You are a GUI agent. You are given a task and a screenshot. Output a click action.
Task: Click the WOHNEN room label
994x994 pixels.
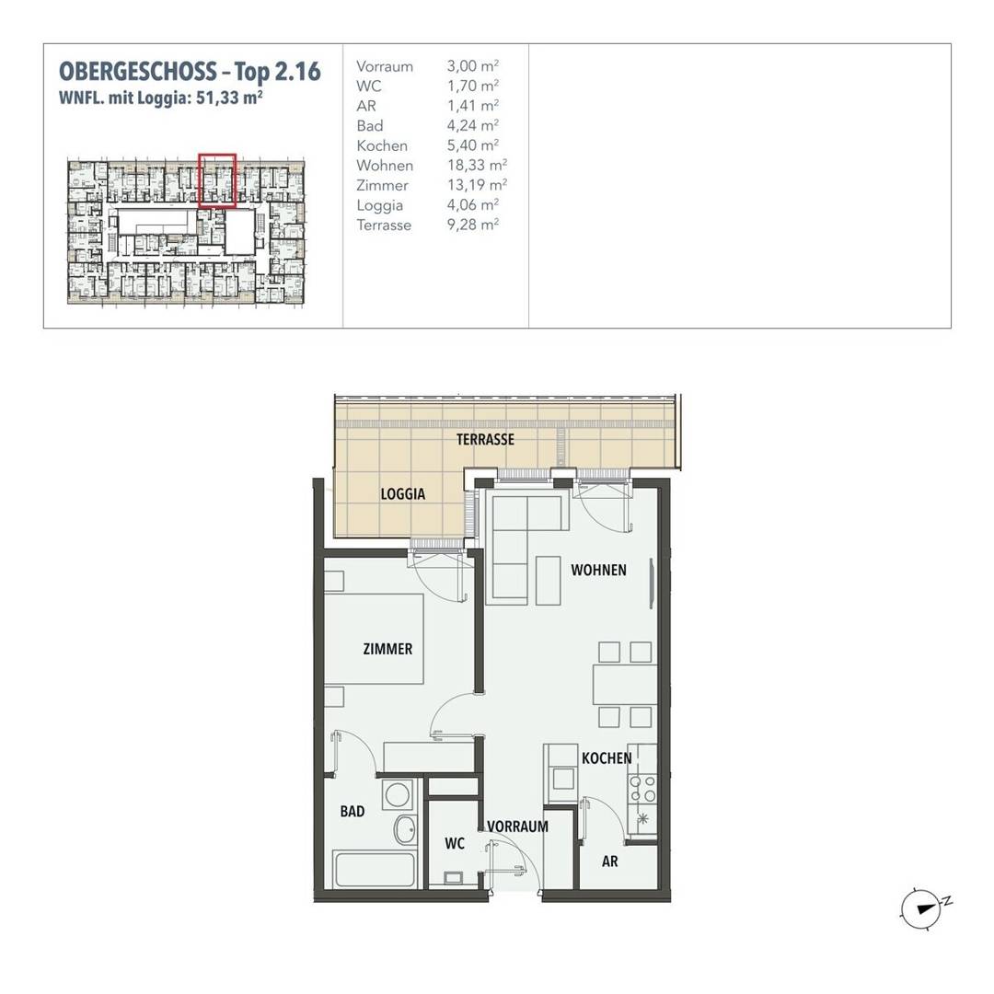(x=598, y=570)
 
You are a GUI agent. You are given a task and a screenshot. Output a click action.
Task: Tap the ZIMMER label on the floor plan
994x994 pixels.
(x=387, y=649)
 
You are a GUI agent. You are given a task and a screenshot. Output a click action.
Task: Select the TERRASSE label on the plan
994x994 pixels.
(x=485, y=439)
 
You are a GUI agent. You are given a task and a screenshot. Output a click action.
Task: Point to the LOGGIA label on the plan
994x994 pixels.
(x=402, y=494)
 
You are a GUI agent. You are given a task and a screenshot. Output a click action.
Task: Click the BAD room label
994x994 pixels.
(x=352, y=812)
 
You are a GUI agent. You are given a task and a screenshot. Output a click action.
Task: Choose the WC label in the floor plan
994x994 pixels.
(x=455, y=844)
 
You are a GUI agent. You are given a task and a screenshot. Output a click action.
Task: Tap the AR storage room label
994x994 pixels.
(x=610, y=861)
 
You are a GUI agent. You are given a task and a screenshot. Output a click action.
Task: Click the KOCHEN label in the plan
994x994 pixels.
(x=607, y=758)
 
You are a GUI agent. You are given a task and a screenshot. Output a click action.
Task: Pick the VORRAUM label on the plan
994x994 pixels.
(x=517, y=826)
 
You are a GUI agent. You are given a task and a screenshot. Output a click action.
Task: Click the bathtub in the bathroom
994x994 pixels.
(x=376, y=870)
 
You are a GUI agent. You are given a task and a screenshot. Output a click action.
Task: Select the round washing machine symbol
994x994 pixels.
(x=398, y=794)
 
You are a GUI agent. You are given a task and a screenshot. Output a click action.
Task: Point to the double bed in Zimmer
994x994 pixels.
(x=374, y=639)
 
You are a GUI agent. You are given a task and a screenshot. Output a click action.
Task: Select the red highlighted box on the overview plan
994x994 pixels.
(x=217, y=180)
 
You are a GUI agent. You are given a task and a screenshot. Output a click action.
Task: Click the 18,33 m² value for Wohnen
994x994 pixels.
(x=477, y=166)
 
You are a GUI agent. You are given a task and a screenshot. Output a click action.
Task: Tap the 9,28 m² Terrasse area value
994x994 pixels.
(x=473, y=225)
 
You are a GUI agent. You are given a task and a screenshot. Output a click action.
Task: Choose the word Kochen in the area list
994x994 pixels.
(x=382, y=145)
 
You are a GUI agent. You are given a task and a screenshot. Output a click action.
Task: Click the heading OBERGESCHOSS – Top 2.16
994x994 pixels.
(x=191, y=72)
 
